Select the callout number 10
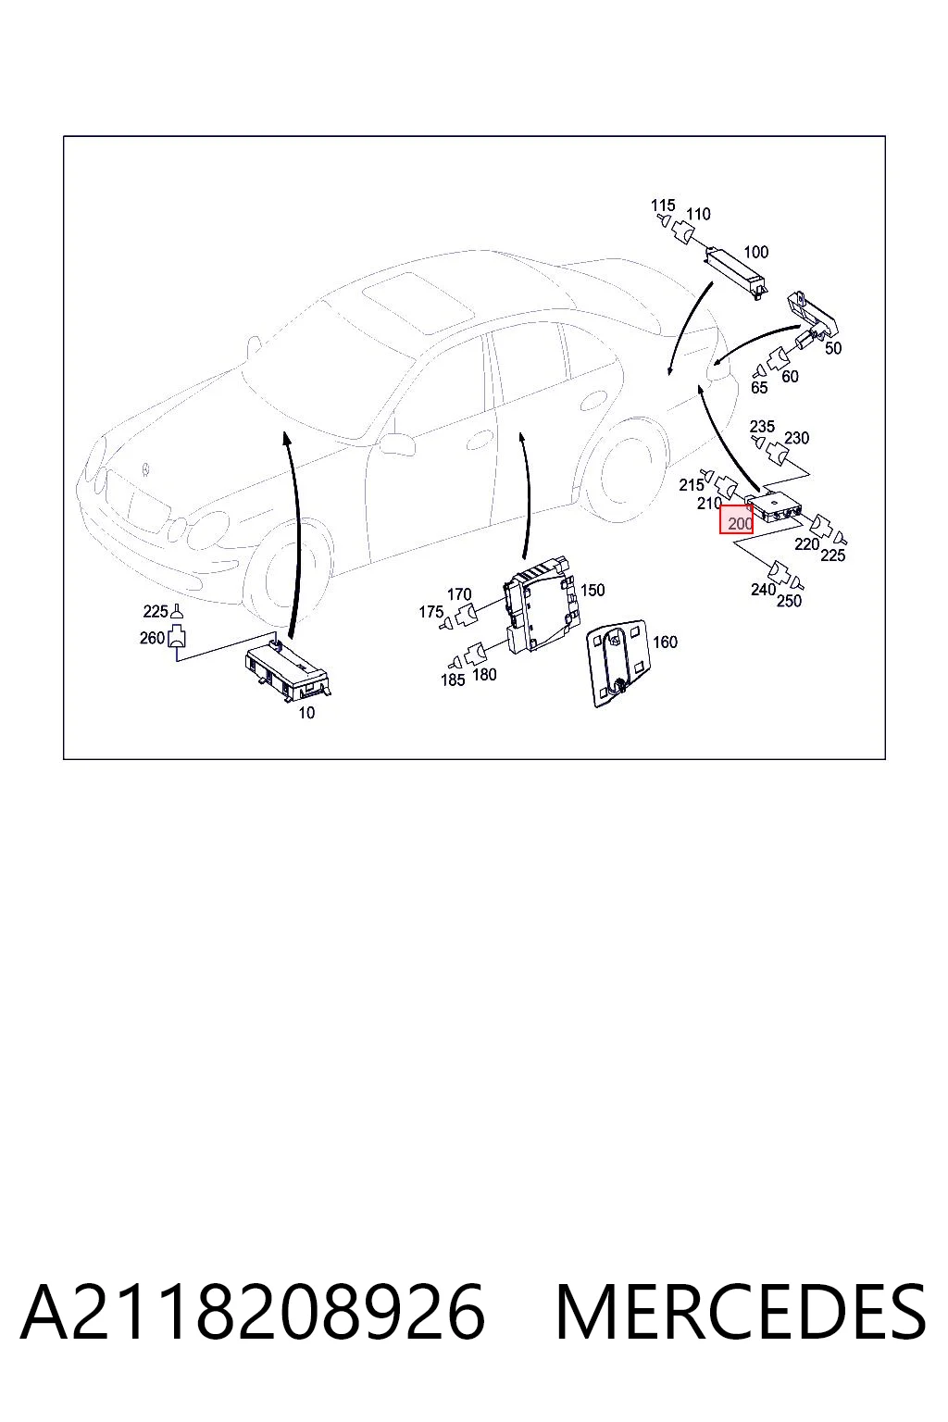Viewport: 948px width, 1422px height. click(x=306, y=713)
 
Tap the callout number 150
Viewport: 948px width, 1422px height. click(x=592, y=591)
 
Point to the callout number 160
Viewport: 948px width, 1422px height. click(x=665, y=642)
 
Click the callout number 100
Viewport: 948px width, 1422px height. click(x=755, y=252)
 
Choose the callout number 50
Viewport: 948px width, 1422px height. click(x=833, y=348)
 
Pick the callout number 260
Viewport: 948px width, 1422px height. click(x=153, y=638)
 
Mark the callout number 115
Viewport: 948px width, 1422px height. click(x=663, y=206)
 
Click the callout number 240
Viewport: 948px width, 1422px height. click(x=763, y=590)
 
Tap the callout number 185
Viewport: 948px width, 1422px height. click(x=453, y=680)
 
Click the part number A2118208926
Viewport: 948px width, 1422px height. click(x=253, y=1312)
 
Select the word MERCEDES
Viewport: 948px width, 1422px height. click(x=741, y=1312)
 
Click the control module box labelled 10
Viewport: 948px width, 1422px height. click(x=288, y=669)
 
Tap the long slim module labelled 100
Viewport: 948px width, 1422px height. click(x=735, y=272)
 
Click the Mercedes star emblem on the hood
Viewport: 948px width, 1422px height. click(x=146, y=469)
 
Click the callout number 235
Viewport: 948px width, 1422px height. click(x=762, y=426)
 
